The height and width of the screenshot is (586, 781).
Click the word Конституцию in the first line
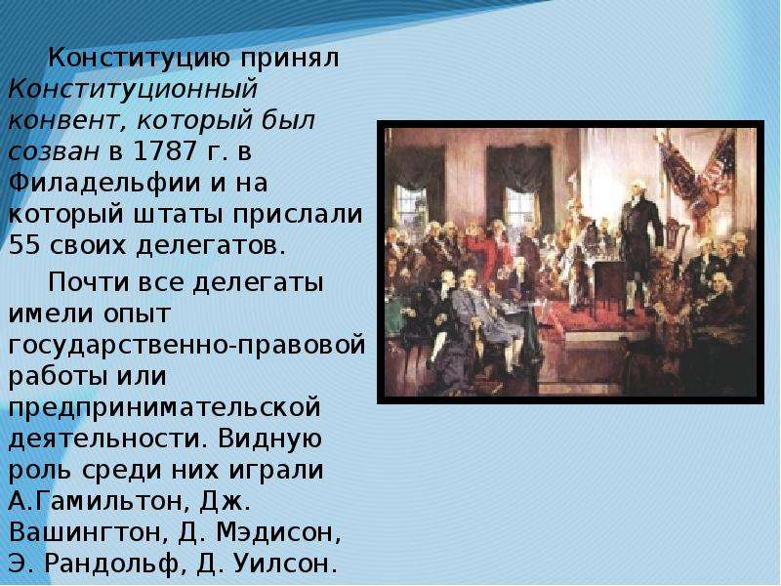(x=139, y=60)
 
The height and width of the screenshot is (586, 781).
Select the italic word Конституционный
(x=133, y=90)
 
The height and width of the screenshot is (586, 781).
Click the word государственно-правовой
(x=186, y=346)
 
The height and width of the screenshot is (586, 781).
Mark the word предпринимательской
(x=164, y=408)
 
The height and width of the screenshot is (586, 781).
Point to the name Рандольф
(x=111, y=564)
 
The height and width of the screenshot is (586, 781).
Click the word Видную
(x=269, y=439)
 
